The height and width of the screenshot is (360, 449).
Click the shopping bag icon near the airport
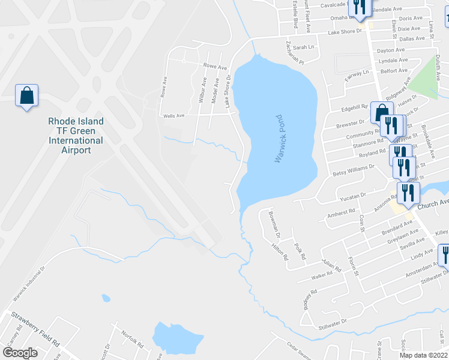(x=27, y=96)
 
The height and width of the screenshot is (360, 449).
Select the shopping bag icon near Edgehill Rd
(x=382, y=112)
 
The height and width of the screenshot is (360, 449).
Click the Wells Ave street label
(x=172, y=115)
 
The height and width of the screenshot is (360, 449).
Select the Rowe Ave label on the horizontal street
(x=215, y=66)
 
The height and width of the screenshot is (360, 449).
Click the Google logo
(x=20, y=352)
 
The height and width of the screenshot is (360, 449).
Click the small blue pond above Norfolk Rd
(x=106, y=298)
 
